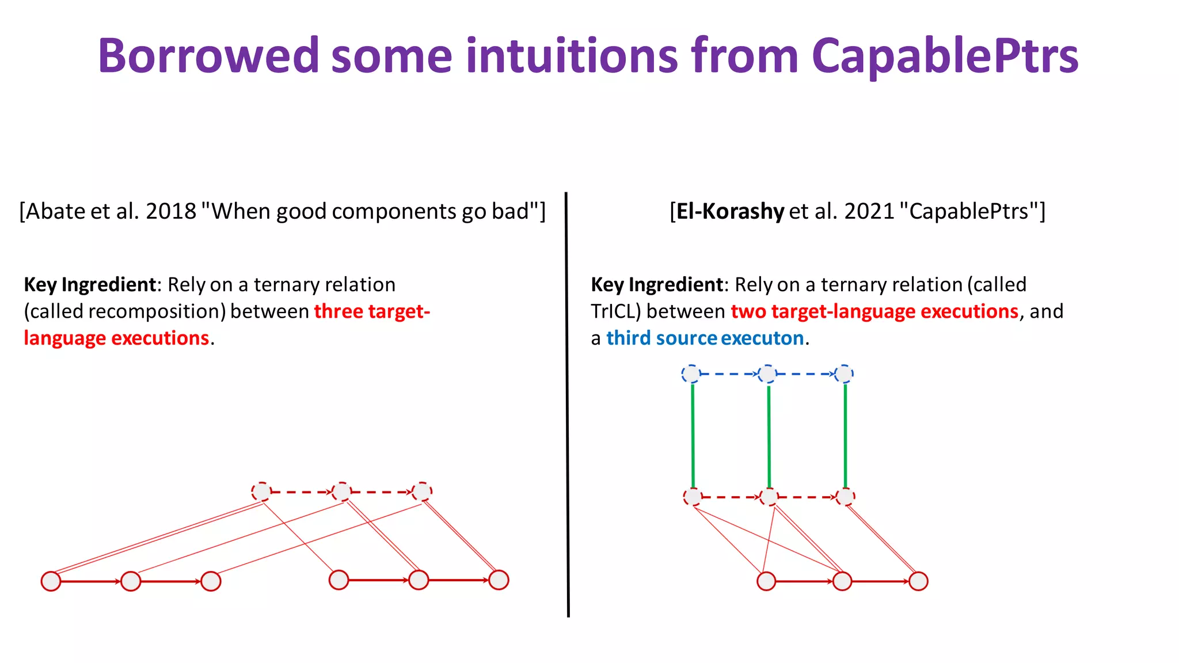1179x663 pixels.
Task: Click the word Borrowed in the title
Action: [x=208, y=56]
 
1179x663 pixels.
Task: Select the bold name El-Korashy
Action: [x=730, y=212]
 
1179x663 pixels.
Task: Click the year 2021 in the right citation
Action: [x=869, y=212]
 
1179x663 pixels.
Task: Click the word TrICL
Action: [x=615, y=311]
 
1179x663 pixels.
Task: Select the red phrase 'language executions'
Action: [x=116, y=338]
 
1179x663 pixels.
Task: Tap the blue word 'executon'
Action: [x=762, y=338]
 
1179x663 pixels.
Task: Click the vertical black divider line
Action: [x=567, y=403]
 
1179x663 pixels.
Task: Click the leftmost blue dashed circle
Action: [x=691, y=374]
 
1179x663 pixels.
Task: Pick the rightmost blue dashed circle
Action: [x=844, y=374]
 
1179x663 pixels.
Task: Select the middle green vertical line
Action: [x=769, y=436]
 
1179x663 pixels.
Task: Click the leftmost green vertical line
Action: [x=693, y=436]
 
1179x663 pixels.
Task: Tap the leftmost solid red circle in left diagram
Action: [x=51, y=581]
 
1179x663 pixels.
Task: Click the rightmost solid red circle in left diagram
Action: [x=499, y=580]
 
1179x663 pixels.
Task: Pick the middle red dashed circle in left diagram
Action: [x=341, y=492]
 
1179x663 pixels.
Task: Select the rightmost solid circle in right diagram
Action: [x=918, y=581]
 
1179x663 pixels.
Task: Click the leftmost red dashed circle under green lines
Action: [x=693, y=497]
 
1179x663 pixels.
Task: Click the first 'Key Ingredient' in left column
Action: [x=90, y=285]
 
